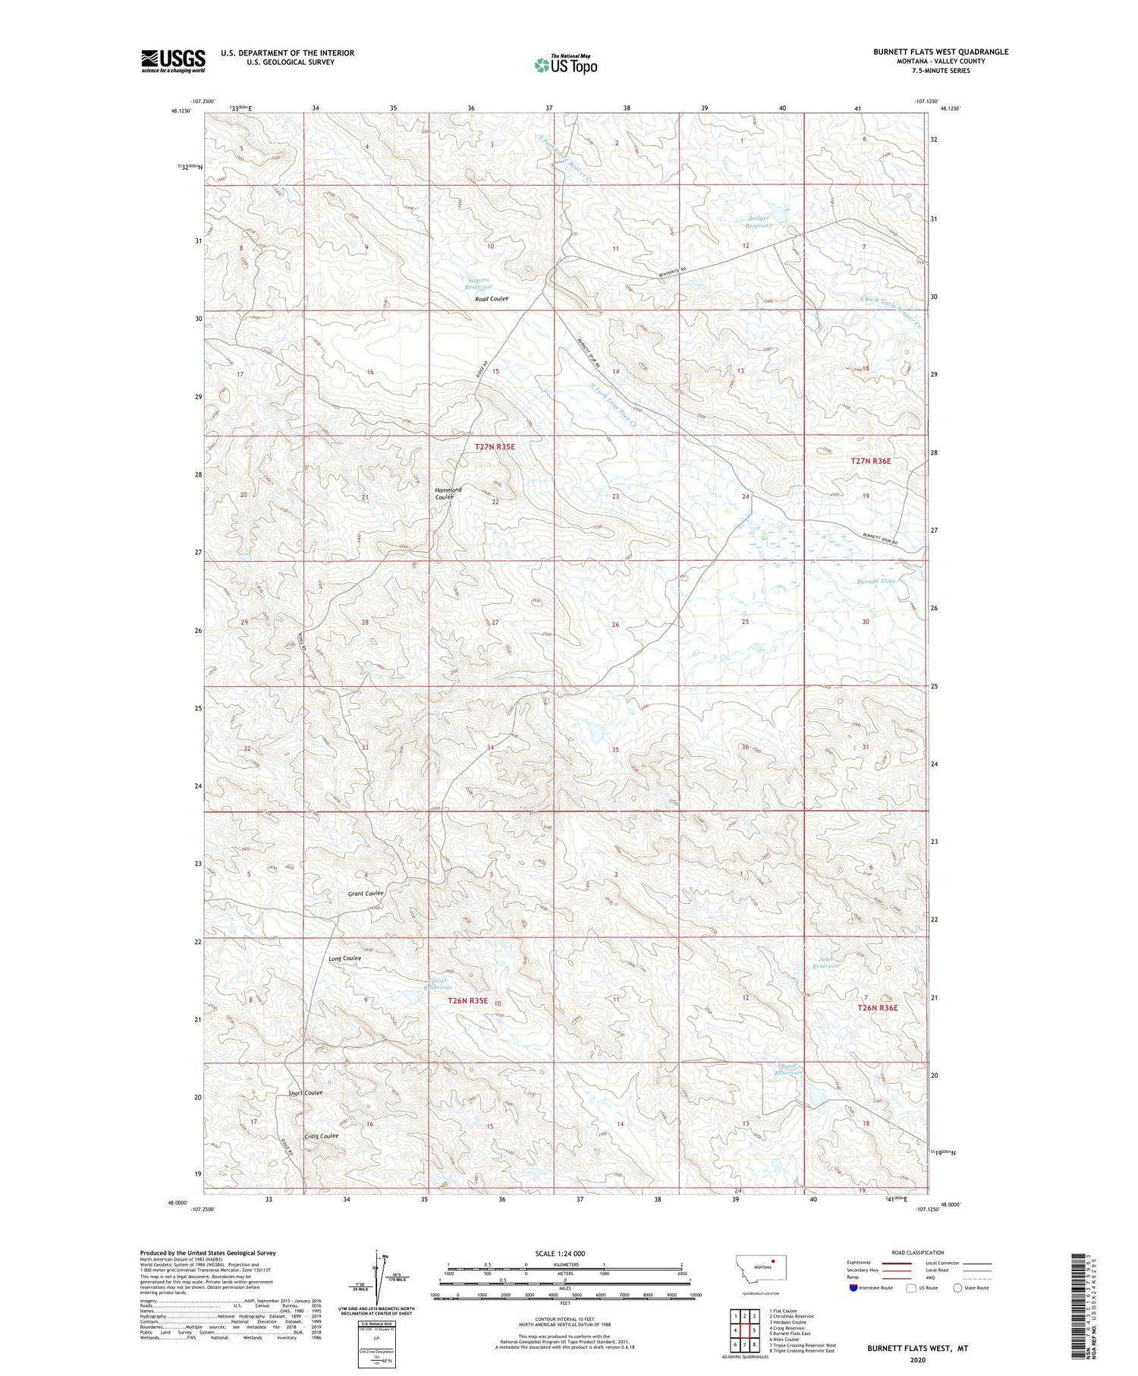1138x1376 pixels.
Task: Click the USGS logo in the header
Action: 173,61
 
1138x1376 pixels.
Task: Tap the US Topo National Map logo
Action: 566,64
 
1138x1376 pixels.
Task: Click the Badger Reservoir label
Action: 758,222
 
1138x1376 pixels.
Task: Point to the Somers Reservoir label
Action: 479,283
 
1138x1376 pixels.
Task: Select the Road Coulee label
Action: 492,299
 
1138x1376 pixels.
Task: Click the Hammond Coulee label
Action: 448,493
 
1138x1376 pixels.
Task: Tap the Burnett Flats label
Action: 876,581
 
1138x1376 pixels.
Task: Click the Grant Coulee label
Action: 366,893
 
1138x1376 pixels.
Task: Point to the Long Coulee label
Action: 344,959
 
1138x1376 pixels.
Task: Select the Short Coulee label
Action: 305,1093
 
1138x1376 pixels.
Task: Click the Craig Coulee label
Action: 321,1136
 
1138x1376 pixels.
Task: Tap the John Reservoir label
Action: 825,962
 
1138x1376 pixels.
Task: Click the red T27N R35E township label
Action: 495,447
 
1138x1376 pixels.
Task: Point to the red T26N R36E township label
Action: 878,1008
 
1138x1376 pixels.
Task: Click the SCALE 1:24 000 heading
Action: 561,1254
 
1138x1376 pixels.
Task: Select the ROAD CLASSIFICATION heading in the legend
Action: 918,1252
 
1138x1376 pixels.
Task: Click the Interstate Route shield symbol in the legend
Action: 853,1287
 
